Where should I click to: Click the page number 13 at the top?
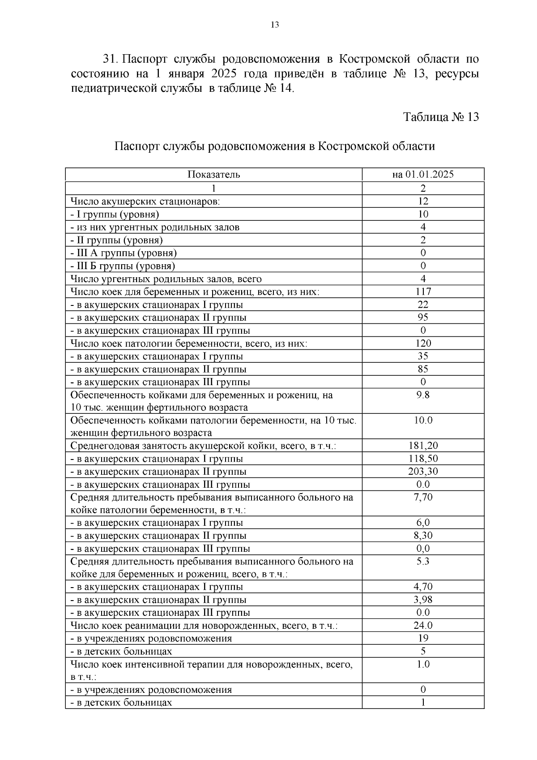click(275, 25)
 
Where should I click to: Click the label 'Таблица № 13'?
click(441, 117)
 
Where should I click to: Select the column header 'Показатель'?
click(213, 175)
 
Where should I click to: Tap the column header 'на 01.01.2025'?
click(423, 175)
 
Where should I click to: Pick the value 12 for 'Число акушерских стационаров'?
click(423, 201)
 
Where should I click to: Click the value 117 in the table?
click(423, 292)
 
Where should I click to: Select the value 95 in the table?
click(423, 318)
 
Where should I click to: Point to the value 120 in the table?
click(423, 344)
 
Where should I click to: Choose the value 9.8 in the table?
click(423, 395)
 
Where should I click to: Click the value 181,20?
click(423, 446)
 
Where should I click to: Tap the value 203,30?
click(423, 472)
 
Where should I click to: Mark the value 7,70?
click(423, 497)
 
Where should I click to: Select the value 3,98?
click(423, 600)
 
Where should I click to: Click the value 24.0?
click(423, 626)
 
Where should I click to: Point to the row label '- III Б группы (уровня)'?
click(123, 266)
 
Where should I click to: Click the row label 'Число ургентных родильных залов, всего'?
click(166, 279)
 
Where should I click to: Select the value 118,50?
click(423, 459)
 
